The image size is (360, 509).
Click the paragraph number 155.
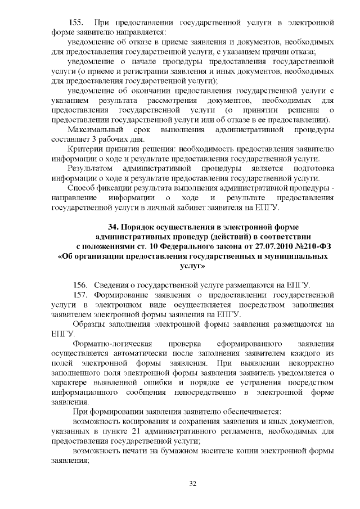tap(76, 23)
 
